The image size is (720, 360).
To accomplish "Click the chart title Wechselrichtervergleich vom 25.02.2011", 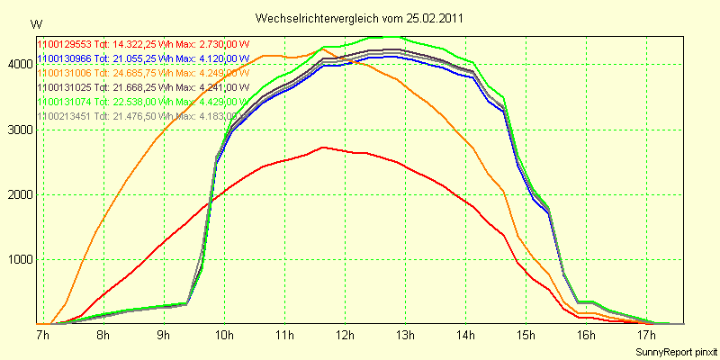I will (361, 18).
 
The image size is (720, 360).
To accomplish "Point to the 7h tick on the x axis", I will (42, 336).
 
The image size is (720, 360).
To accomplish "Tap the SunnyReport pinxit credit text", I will (676, 350).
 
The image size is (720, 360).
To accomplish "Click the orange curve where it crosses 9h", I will (163, 132).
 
